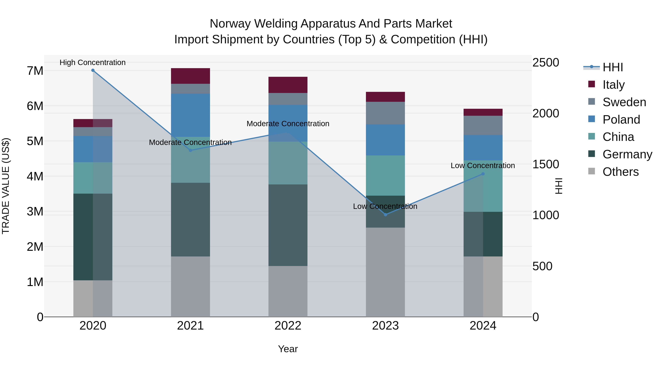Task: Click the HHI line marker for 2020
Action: point(93,70)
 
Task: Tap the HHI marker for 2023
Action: point(385,215)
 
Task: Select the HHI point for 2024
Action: point(483,174)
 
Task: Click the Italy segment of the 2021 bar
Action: point(191,76)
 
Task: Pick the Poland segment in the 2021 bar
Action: point(191,115)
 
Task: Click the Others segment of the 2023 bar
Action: point(385,272)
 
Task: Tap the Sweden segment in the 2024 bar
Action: point(483,125)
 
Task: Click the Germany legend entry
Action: point(627,154)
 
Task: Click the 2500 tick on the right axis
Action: point(545,63)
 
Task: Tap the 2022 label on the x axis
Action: point(288,326)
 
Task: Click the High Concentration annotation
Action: point(92,62)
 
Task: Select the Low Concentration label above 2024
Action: point(483,166)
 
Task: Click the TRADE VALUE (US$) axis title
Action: point(6,186)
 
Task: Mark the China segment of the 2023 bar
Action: point(385,175)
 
